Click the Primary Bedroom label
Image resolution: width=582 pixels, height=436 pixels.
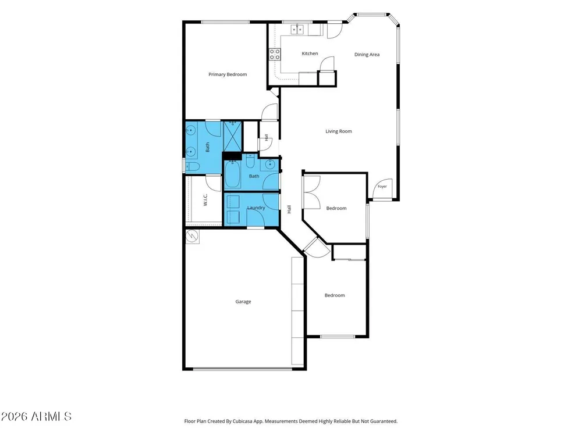(228, 74)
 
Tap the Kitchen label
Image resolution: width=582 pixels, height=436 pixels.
(310, 53)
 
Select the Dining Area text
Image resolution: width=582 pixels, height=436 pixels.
(367, 55)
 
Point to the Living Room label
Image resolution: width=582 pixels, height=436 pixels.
(339, 131)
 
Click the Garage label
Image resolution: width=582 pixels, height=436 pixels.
(243, 302)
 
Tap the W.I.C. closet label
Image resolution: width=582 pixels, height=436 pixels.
(205, 199)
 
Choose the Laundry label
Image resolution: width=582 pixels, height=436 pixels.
(256, 208)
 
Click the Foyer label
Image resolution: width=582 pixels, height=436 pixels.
(382, 187)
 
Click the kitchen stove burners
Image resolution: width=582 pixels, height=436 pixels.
(275, 55)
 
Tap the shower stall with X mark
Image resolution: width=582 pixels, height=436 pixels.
(233, 136)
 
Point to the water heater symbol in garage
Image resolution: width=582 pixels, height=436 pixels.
(193, 237)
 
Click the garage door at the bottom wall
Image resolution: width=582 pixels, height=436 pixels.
(243, 369)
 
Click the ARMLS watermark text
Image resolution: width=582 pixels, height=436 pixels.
(36, 416)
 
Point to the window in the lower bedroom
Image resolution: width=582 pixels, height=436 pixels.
(338, 337)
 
